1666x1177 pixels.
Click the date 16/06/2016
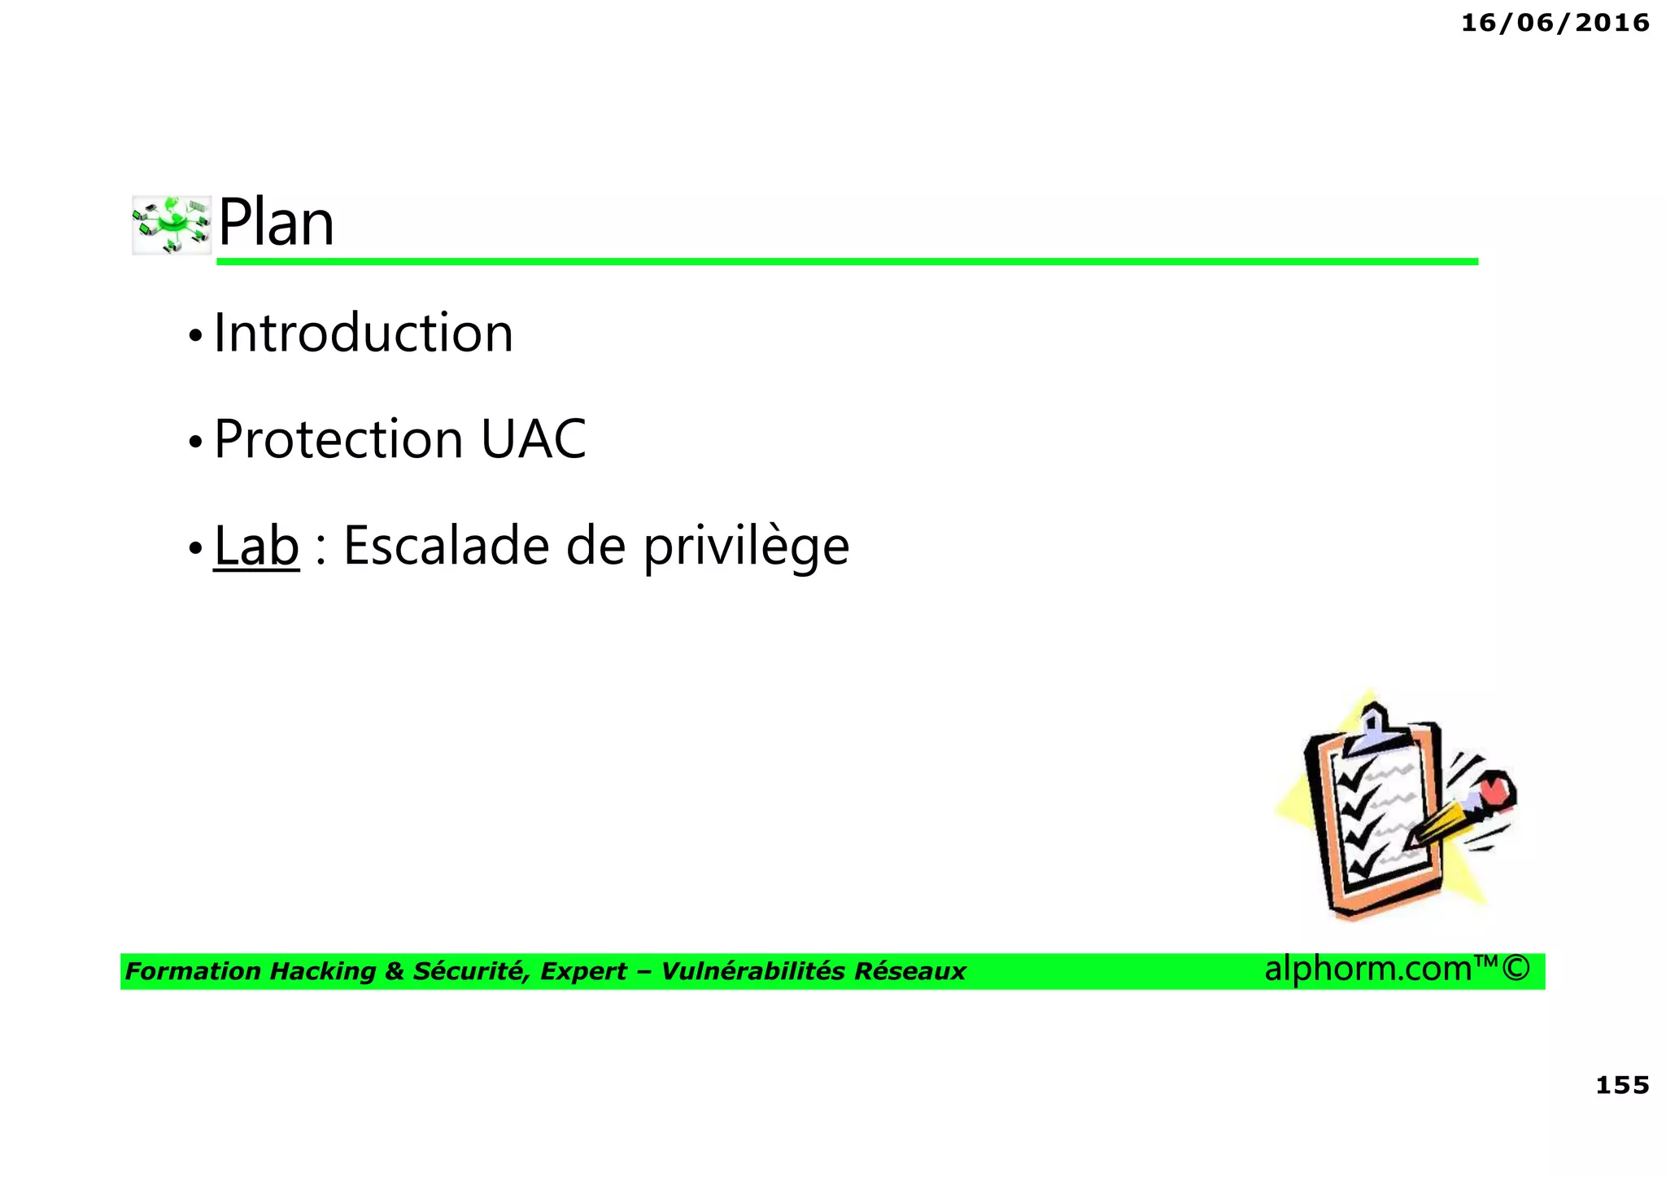1555,23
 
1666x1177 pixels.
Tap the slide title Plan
276,223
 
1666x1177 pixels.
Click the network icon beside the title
172,225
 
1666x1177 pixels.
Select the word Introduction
363,333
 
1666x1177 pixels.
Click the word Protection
338,439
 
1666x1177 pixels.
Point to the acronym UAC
533,439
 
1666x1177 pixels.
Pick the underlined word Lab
256,545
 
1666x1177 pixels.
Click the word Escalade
446,545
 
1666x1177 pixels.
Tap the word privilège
746,547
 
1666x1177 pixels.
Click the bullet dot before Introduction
194,335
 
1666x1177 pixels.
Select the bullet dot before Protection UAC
194,442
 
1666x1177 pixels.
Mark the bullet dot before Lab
194,548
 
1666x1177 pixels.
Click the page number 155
1622,1085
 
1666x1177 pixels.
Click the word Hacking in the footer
323,971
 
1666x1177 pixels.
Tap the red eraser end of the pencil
1496,790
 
